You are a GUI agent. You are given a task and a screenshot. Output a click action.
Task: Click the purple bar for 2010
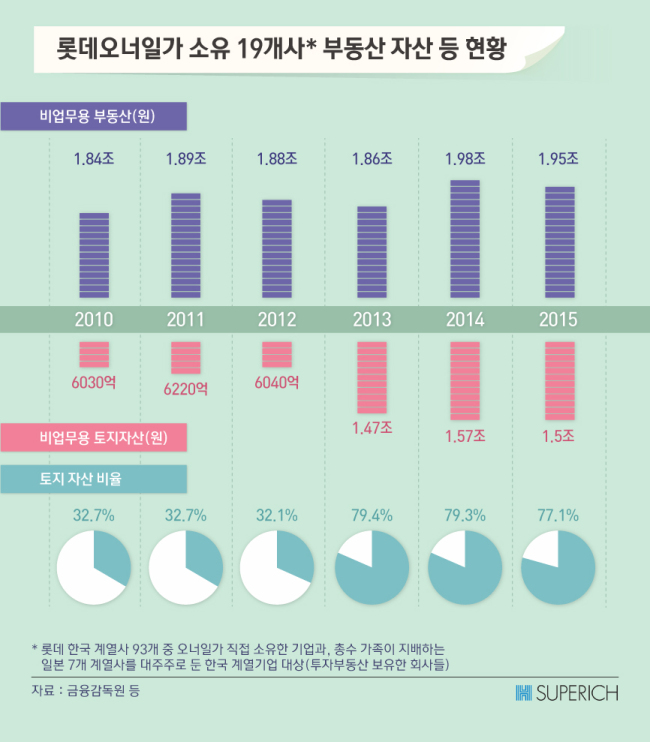[94, 255]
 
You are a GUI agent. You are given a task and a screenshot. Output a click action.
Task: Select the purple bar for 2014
[465, 239]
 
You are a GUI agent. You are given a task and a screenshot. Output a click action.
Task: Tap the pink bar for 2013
[372, 378]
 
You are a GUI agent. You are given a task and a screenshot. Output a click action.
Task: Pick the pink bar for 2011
[185, 358]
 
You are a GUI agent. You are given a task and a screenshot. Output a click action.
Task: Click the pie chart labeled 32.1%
[277, 567]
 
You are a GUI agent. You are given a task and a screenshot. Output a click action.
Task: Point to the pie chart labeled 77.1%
[558, 567]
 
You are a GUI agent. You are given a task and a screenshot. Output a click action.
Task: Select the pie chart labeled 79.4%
[372, 567]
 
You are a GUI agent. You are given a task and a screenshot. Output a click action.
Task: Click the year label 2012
[277, 319]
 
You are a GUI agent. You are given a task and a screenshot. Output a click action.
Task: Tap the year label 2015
[558, 319]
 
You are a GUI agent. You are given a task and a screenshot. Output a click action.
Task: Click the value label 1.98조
[465, 159]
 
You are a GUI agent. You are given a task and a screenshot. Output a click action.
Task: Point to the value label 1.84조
[94, 159]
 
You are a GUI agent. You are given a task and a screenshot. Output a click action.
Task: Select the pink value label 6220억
[185, 389]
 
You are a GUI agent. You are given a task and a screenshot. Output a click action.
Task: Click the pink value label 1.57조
[465, 436]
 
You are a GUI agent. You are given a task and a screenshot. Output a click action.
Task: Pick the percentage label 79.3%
[465, 515]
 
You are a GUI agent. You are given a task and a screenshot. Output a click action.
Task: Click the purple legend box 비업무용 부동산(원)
[94, 116]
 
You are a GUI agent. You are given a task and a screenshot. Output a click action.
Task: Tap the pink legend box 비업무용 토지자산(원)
[94, 437]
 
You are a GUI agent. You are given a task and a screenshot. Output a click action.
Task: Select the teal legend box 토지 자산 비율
[94, 479]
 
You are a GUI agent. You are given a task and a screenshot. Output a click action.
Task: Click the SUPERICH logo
[567, 693]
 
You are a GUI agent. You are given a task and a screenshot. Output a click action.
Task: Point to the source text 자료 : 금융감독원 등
[86, 690]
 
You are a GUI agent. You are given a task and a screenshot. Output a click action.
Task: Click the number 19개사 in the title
[276, 49]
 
